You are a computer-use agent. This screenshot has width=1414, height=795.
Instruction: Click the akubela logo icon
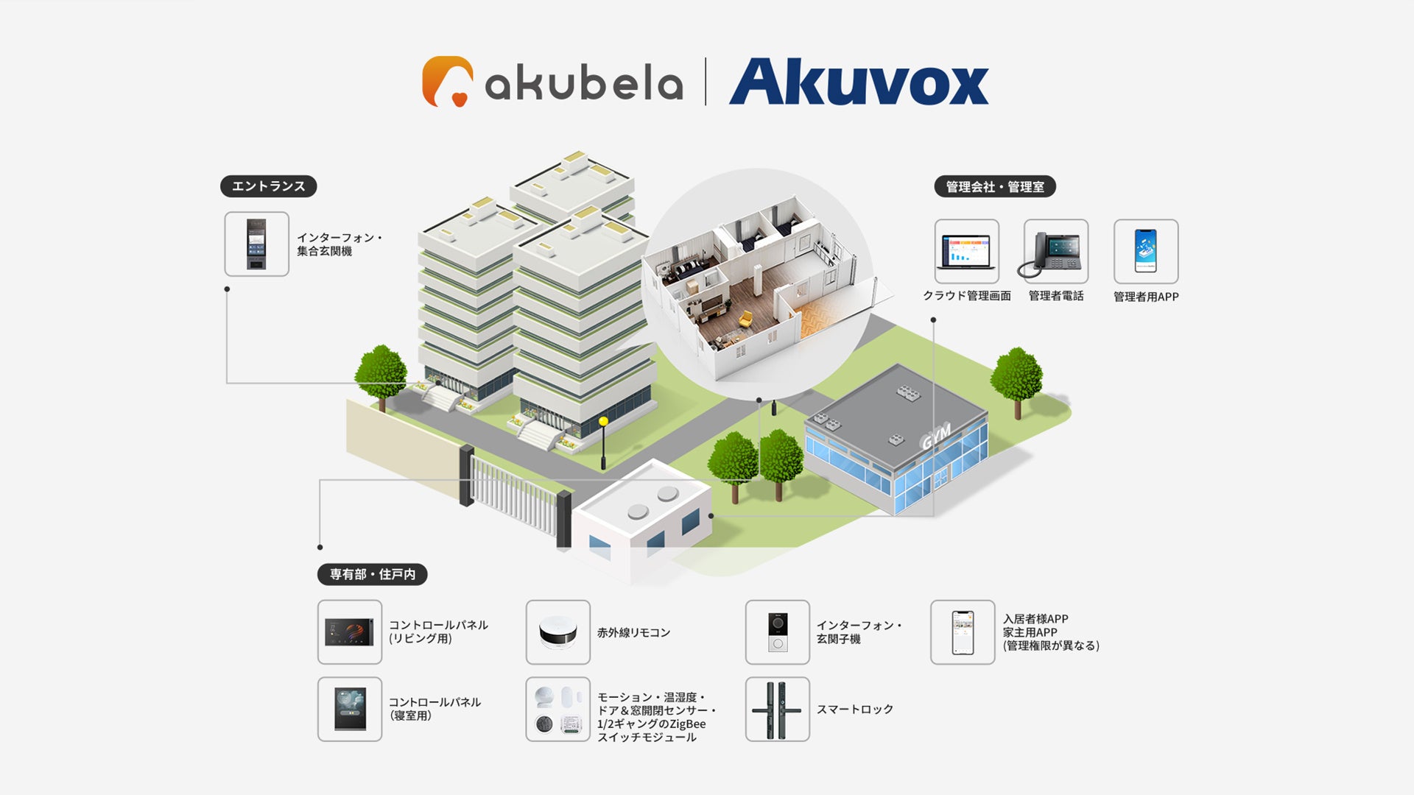tap(447, 81)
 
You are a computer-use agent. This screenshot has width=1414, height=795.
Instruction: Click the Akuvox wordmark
tap(859, 82)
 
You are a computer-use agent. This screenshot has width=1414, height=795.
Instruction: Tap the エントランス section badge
tap(268, 186)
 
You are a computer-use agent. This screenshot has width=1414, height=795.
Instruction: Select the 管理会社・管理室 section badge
tap(994, 187)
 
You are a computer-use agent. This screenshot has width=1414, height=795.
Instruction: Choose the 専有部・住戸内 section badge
tap(372, 574)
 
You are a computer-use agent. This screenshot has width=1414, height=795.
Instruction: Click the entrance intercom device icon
tap(256, 244)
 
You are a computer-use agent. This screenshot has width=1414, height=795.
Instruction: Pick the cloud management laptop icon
tap(966, 252)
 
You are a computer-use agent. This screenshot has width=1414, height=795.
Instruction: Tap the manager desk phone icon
tap(1055, 252)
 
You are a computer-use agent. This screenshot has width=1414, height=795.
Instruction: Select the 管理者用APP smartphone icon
tap(1145, 252)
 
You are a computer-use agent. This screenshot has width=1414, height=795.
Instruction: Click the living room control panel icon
tap(349, 632)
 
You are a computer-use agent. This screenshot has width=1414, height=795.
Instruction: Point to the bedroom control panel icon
tap(349, 709)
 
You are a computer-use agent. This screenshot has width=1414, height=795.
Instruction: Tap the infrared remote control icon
tap(557, 632)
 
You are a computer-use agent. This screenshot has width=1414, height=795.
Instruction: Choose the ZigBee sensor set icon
tap(557, 709)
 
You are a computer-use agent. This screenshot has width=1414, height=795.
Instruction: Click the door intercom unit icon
tap(777, 632)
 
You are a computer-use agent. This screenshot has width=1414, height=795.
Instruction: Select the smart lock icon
tap(777, 709)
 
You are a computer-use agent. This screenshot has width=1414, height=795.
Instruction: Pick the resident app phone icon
tap(962, 632)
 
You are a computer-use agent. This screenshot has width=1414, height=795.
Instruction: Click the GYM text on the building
tap(936, 437)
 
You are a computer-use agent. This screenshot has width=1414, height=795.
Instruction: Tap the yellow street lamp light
tap(603, 422)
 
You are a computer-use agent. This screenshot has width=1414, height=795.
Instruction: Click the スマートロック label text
tap(854, 709)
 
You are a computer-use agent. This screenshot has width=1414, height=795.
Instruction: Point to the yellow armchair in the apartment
tap(745, 319)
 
